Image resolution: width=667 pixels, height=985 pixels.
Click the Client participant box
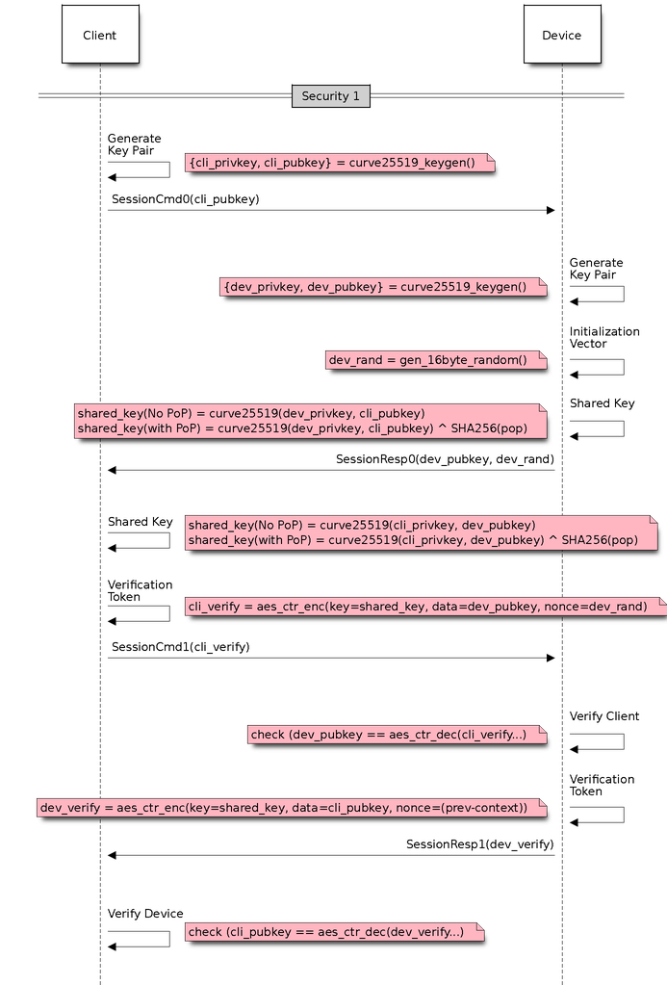click(99, 35)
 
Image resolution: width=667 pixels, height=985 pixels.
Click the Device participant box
click(561, 35)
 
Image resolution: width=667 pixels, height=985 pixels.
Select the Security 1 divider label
click(330, 96)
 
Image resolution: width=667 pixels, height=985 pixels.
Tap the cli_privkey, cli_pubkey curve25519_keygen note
click(340, 163)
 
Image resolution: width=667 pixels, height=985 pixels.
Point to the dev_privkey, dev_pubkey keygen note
click(383, 287)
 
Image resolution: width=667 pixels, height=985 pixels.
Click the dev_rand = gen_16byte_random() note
click(435, 360)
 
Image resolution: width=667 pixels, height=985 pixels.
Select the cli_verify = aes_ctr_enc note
click(423, 607)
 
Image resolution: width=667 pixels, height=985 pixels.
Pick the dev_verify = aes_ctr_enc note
click(291, 808)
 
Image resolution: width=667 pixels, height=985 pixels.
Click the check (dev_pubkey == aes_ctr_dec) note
click(397, 735)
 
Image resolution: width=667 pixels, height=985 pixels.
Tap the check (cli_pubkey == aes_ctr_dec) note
click(333, 932)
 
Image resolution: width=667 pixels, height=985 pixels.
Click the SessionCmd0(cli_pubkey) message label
click(185, 199)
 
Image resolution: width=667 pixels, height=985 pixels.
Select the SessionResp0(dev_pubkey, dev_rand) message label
click(445, 459)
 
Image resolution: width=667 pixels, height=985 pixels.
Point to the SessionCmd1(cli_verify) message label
click(180, 647)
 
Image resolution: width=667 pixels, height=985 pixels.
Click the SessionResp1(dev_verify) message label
click(479, 844)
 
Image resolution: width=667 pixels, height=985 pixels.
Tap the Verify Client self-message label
click(603, 716)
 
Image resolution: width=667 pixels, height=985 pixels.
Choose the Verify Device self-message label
click(144, 913)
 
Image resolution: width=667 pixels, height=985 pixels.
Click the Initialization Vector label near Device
click(603, 337)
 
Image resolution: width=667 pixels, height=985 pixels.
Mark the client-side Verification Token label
click(140, 590)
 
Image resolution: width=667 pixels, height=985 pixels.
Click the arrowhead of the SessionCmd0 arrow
click(551, 210)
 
